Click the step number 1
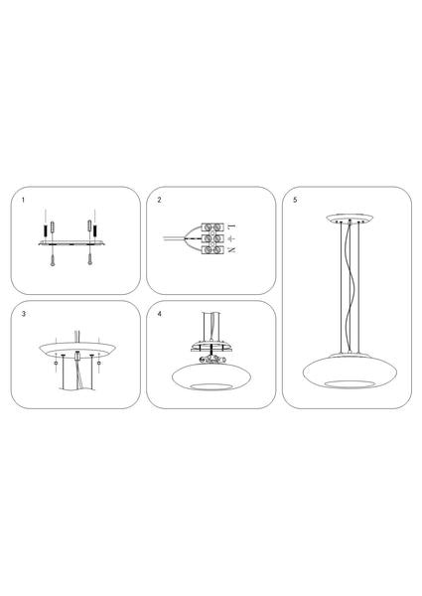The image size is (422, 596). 23,200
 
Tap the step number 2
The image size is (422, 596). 159,200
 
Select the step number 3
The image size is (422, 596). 24,314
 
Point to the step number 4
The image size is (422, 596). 159,314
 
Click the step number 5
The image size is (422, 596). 295,200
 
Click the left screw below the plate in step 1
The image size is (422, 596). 52,258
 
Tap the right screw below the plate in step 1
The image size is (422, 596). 89,258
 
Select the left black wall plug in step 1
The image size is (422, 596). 46,230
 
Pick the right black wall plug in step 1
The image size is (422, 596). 95,230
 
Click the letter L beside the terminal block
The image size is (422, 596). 231,226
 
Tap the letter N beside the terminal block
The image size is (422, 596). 231,250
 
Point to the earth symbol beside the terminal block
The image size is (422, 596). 231,238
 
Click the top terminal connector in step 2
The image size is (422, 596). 212,227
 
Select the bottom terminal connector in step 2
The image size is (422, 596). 212,250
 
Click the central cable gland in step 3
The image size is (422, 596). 77,356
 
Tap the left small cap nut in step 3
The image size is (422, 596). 57,364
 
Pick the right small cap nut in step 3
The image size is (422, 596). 99,364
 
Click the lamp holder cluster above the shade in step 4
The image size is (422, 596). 211,360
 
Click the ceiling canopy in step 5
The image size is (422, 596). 350,219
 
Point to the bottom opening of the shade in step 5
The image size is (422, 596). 350,383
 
